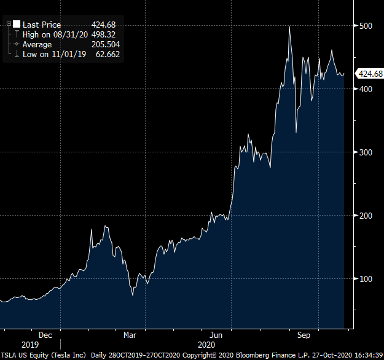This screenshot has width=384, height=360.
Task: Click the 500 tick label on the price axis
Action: point(366,26)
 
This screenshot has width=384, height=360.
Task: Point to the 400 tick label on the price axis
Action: point(366,89)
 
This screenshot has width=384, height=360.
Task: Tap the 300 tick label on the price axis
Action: point(366,152)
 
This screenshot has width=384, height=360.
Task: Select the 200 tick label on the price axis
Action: point(366,216)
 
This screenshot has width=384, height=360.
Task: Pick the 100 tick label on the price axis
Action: point(366,279)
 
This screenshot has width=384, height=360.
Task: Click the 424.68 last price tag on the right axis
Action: point(370,74)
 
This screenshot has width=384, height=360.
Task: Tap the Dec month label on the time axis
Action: point(45,335)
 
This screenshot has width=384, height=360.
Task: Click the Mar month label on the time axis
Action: point(130,335)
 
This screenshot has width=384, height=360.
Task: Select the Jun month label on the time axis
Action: point(216,335)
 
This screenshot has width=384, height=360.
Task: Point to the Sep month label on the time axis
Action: point(303,335)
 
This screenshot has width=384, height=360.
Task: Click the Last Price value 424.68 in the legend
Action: point(103,25)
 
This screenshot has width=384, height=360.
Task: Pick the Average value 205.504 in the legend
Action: point(105,44)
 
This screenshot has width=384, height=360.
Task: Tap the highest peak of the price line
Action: point(289,27)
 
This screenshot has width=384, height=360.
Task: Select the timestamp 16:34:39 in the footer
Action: point(366,355)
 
